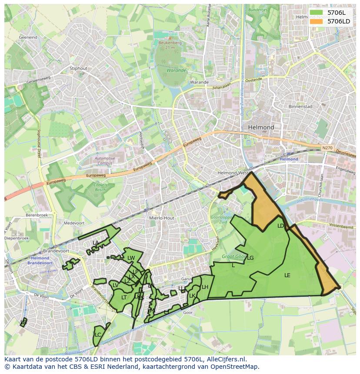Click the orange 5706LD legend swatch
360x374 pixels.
317,21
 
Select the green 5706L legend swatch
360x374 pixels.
317,13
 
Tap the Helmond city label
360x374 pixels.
261,127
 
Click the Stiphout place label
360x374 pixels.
78,68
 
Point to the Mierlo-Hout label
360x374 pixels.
161,218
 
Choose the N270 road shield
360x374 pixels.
327,148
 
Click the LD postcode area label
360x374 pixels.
280,226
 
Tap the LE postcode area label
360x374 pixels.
287,275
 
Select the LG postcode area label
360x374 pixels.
250,258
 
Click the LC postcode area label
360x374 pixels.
98,335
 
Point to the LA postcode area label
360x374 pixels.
96,242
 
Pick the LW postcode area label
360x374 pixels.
131,258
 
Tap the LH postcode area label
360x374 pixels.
205,287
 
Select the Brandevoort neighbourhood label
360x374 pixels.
53,251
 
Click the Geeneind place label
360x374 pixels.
28,37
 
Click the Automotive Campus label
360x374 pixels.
105,161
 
